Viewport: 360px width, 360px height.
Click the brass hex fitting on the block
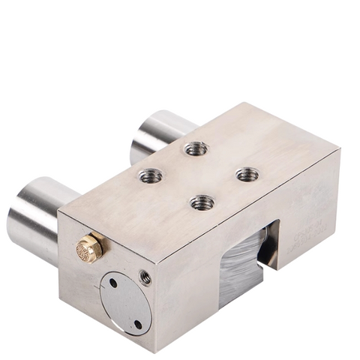pos(89,247)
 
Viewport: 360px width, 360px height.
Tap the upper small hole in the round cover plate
pos(112,283)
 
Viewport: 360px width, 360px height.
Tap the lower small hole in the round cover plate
pos(137,324)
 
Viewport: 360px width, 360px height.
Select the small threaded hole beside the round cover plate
pos(145,277)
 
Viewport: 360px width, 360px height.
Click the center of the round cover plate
pos(125,303)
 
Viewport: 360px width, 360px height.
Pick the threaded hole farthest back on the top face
pos(196,148)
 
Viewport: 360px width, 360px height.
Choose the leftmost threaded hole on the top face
pos(151,175)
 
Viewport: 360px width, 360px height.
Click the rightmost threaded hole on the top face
pos(247,175)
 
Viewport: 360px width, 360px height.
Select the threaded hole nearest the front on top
pos(200,202)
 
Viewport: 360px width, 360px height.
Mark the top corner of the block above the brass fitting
pos(59,212)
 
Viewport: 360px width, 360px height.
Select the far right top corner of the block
pos(340,149)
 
